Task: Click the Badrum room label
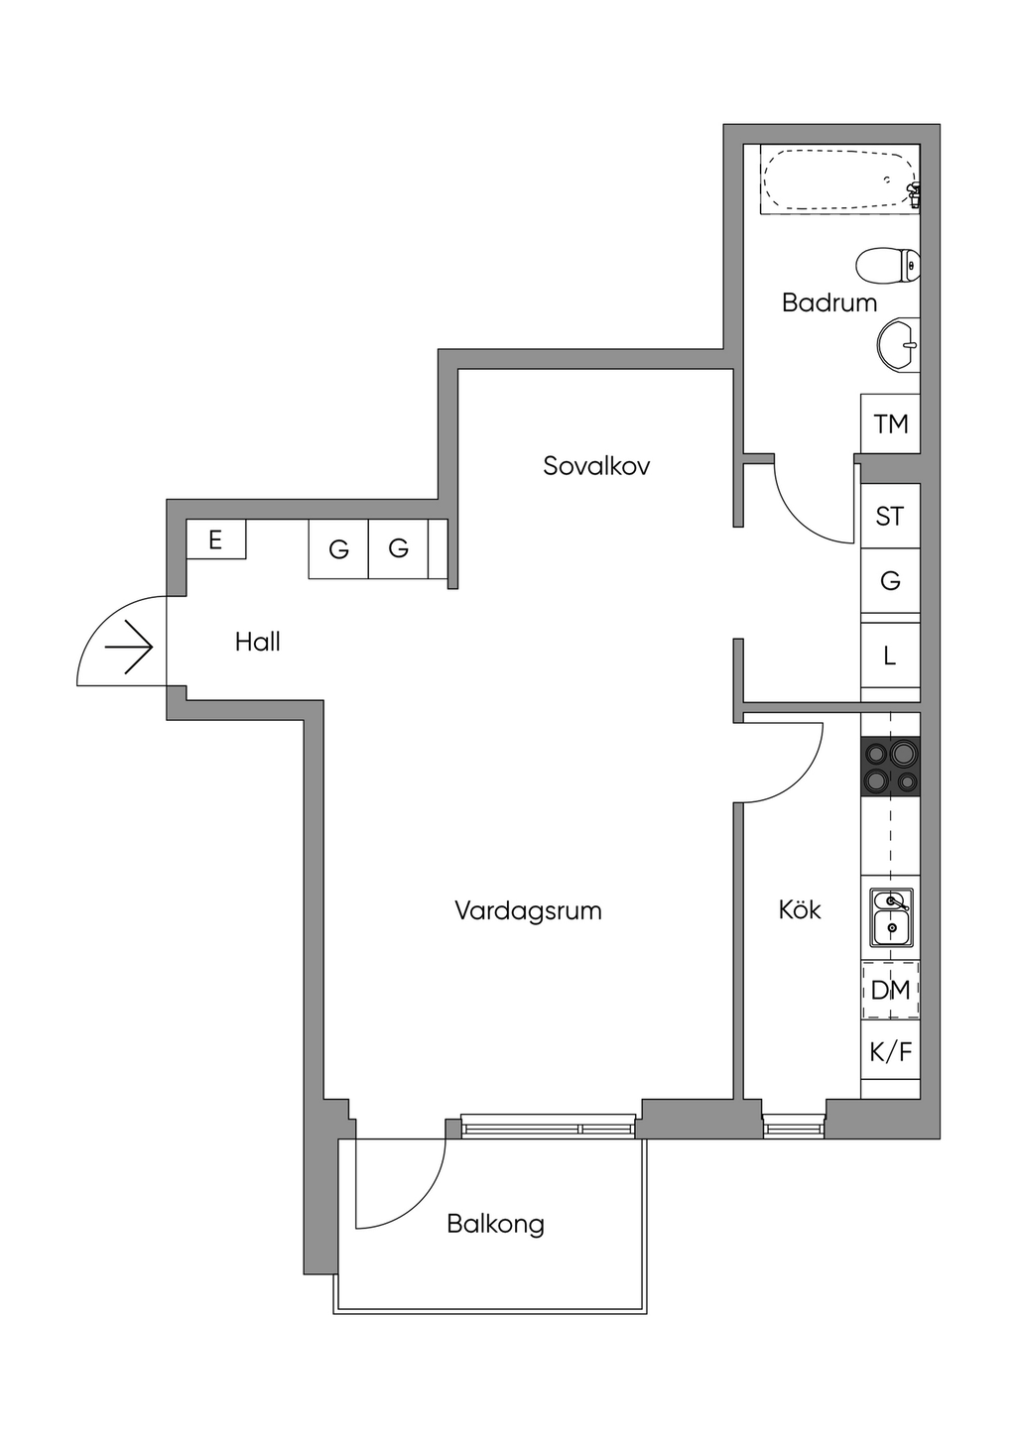[x=829, y=302]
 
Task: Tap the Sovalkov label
[x=596, y=466]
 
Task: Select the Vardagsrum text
[x=528, y=910]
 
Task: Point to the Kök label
[x=800, y=909]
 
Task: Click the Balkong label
[x=495, y=1224]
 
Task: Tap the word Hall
[x=258, y=642]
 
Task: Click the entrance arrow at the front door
[x=129, y=648]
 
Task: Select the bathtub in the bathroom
[x=839, y=180]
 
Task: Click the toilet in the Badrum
[x=888, y=265]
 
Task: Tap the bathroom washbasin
[x=898, y=345]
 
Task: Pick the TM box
[x=891, y=424]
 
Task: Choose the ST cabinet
[x=890, y=516]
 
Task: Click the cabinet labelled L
[x=890, y=656]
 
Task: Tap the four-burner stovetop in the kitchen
[x=891, y=767]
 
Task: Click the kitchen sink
[x=891, y=917]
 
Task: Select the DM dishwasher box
[x=891, y=990]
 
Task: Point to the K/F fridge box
[x=891, y=1051]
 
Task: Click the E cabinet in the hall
[x=216, y=540]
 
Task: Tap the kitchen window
[x=794, y=1126]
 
